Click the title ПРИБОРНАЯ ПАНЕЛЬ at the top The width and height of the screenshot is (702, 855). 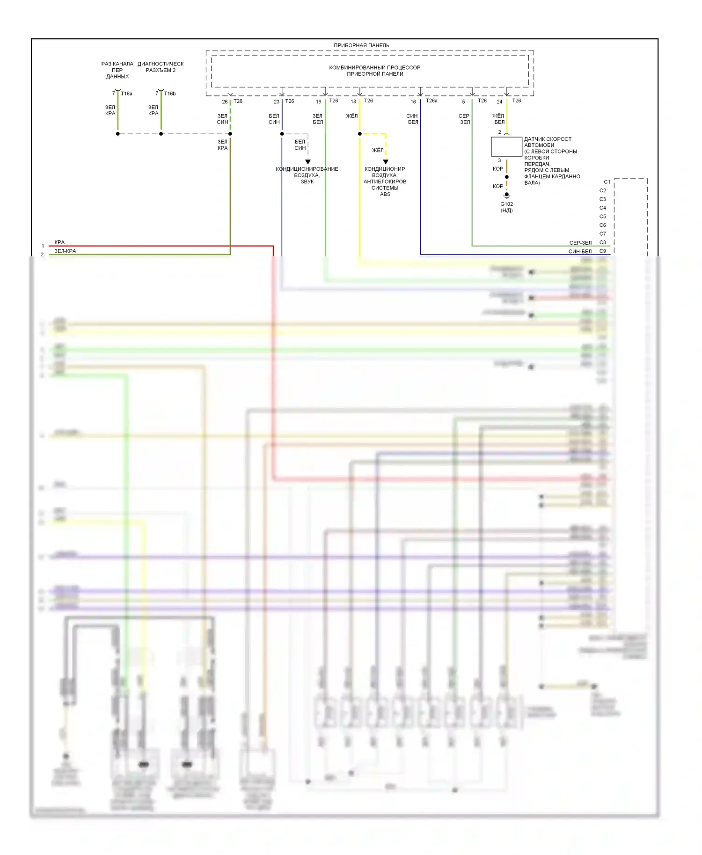[x=361, y=45]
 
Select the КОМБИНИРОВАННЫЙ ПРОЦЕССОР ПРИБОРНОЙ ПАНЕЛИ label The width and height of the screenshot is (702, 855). [x=374, y=71]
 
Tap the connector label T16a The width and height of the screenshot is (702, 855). [x=126, y=94]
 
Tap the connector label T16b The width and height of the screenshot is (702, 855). [x=170, y=94]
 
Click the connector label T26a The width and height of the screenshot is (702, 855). [x=431, y=101]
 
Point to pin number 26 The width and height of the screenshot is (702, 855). [x=225, y=101]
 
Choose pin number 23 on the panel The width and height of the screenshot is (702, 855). [x=277, y=101]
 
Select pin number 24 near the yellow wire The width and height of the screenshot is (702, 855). [x=499, y=101]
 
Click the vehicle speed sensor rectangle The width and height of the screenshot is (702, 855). [x=506, y=146]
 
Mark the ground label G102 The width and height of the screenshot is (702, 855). [x=506, y=204]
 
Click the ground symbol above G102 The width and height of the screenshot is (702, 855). [x=506, y=196]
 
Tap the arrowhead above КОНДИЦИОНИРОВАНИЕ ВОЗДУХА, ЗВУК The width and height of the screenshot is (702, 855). [x=308, y=162]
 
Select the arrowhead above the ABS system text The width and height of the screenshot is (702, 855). [x=386, y=162]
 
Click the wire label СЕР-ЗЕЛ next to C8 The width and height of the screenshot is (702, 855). [x=580, y=243]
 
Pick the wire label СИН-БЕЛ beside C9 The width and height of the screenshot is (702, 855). [x=580, y=251]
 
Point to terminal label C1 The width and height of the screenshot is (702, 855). [x=607, y=182]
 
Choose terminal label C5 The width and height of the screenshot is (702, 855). [x=603, y=217]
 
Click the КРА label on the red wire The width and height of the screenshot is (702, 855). [x=59, y=242]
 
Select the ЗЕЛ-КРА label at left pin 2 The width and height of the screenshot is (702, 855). [x=65, y=251]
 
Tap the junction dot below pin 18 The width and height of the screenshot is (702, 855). [x=359, y=134]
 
